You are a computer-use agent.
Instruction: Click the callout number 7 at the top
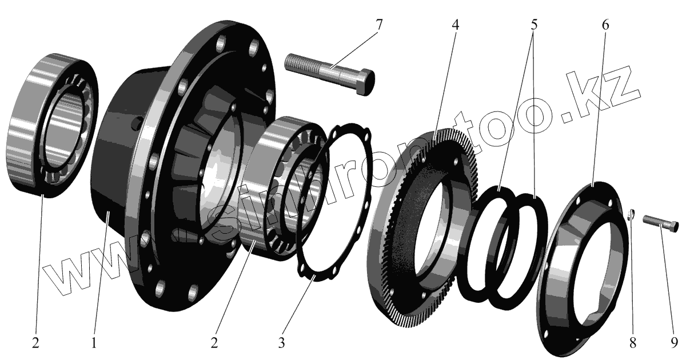pyautogui.click(x=379, y=25)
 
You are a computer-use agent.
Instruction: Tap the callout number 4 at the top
pyautogui.click(x=456, y=25)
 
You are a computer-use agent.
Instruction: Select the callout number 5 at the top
pyautogui.click(x=534, y=25)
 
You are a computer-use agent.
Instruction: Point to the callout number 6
pyautogui.click(x=605, y=25)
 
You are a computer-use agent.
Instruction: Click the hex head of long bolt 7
pyautogui.click(x=366, y=82)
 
